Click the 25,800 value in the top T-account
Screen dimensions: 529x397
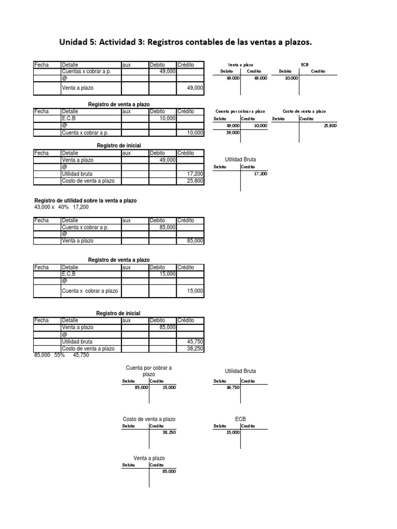coord(329,126)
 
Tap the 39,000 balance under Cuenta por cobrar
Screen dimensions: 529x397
coord(233,133)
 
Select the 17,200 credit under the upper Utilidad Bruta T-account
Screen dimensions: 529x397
coord(261,174)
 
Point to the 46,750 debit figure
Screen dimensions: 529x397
coord(233,387)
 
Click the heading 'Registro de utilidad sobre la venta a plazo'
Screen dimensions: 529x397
coord(85,200)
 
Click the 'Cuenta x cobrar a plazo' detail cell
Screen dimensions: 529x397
coord(90,291)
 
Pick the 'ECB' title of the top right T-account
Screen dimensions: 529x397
coord(304,65)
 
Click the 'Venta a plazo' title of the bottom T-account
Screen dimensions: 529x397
coord(149,458)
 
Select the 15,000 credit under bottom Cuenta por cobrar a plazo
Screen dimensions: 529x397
coord(169,387)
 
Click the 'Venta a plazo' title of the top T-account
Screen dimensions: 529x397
coord(241,65)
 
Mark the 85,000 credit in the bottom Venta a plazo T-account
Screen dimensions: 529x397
coord(169,471)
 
